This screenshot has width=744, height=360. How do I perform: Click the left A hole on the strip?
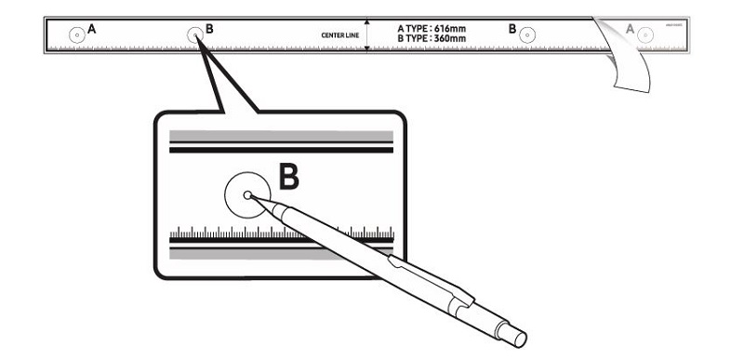coord(75,35)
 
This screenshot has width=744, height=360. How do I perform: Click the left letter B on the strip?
coord(209,29)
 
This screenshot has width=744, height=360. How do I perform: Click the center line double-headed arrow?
coord(367,34)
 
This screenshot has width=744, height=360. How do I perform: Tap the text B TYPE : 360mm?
coord(432,39)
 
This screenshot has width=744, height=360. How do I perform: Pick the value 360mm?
coord(450,39)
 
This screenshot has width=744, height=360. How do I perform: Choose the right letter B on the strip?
coord(511,29)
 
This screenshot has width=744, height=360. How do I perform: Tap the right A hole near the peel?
coord(647,35)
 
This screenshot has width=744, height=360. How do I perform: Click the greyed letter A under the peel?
coord(631,30)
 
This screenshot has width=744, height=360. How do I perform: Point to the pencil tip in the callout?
coord(248,195)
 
